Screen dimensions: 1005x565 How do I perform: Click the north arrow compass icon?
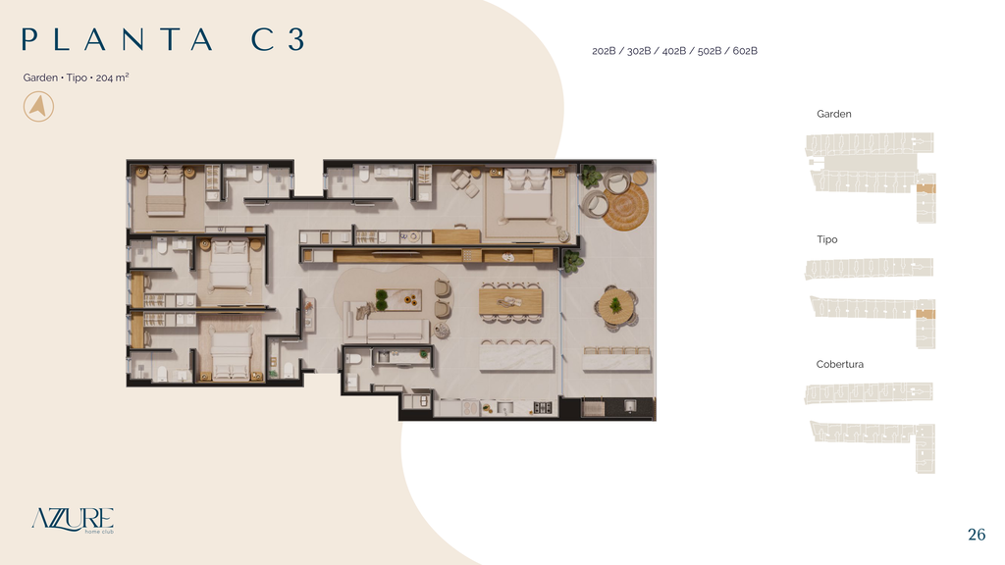tap(38, 106)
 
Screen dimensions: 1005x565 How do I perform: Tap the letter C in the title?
tap(263, 39)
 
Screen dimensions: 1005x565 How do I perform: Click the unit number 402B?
tap(673, 51)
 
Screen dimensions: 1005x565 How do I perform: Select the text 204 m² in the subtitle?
tap(112, 77)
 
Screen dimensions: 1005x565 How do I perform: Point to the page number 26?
tap(977, 535)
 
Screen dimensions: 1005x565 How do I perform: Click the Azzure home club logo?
tap(73, 520)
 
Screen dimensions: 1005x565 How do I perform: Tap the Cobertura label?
tap(840, 364)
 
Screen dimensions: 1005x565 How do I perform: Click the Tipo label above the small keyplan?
tap(826, 239)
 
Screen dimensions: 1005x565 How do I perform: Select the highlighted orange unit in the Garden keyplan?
tap(926, 188)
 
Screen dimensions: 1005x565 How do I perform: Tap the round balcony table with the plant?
tap(616, 306)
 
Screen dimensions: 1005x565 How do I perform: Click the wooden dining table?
tap(510, 301)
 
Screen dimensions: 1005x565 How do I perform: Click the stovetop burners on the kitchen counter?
tap(542, 407)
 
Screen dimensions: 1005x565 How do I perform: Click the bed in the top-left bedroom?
tap(165, 191)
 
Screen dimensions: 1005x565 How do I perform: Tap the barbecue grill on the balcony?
tap(593, 408)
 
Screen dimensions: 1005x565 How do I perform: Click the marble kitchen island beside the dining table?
tap(516, 357)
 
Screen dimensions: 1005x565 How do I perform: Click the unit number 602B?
tap(745, 51)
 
